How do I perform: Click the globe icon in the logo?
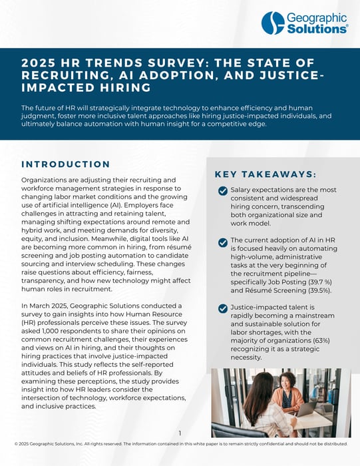tap(273, 23)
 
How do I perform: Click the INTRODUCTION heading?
tap(66, 164)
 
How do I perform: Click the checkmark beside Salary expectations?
tap(223, 191)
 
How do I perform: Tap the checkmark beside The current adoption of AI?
tap(223, 241)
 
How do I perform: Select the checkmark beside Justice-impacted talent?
tap(223, 308)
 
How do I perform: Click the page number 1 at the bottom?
tap(180, 433)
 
